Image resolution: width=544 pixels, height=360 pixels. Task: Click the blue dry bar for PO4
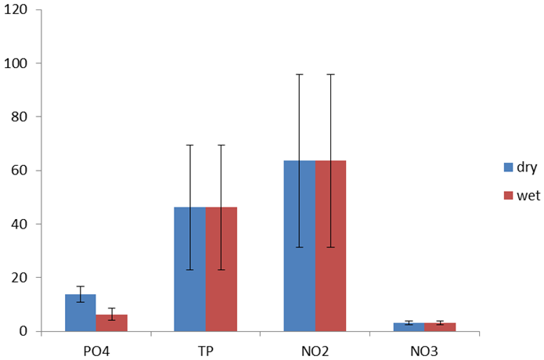pos(80,313)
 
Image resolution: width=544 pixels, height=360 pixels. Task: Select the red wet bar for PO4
pos(111,323)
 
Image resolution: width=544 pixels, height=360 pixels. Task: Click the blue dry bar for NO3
pos(409,327)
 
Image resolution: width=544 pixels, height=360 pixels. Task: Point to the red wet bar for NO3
pos(440,327)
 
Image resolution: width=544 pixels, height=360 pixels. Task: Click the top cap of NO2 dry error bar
pos(299,74)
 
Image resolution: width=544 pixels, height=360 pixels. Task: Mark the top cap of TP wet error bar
pos(221,145)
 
